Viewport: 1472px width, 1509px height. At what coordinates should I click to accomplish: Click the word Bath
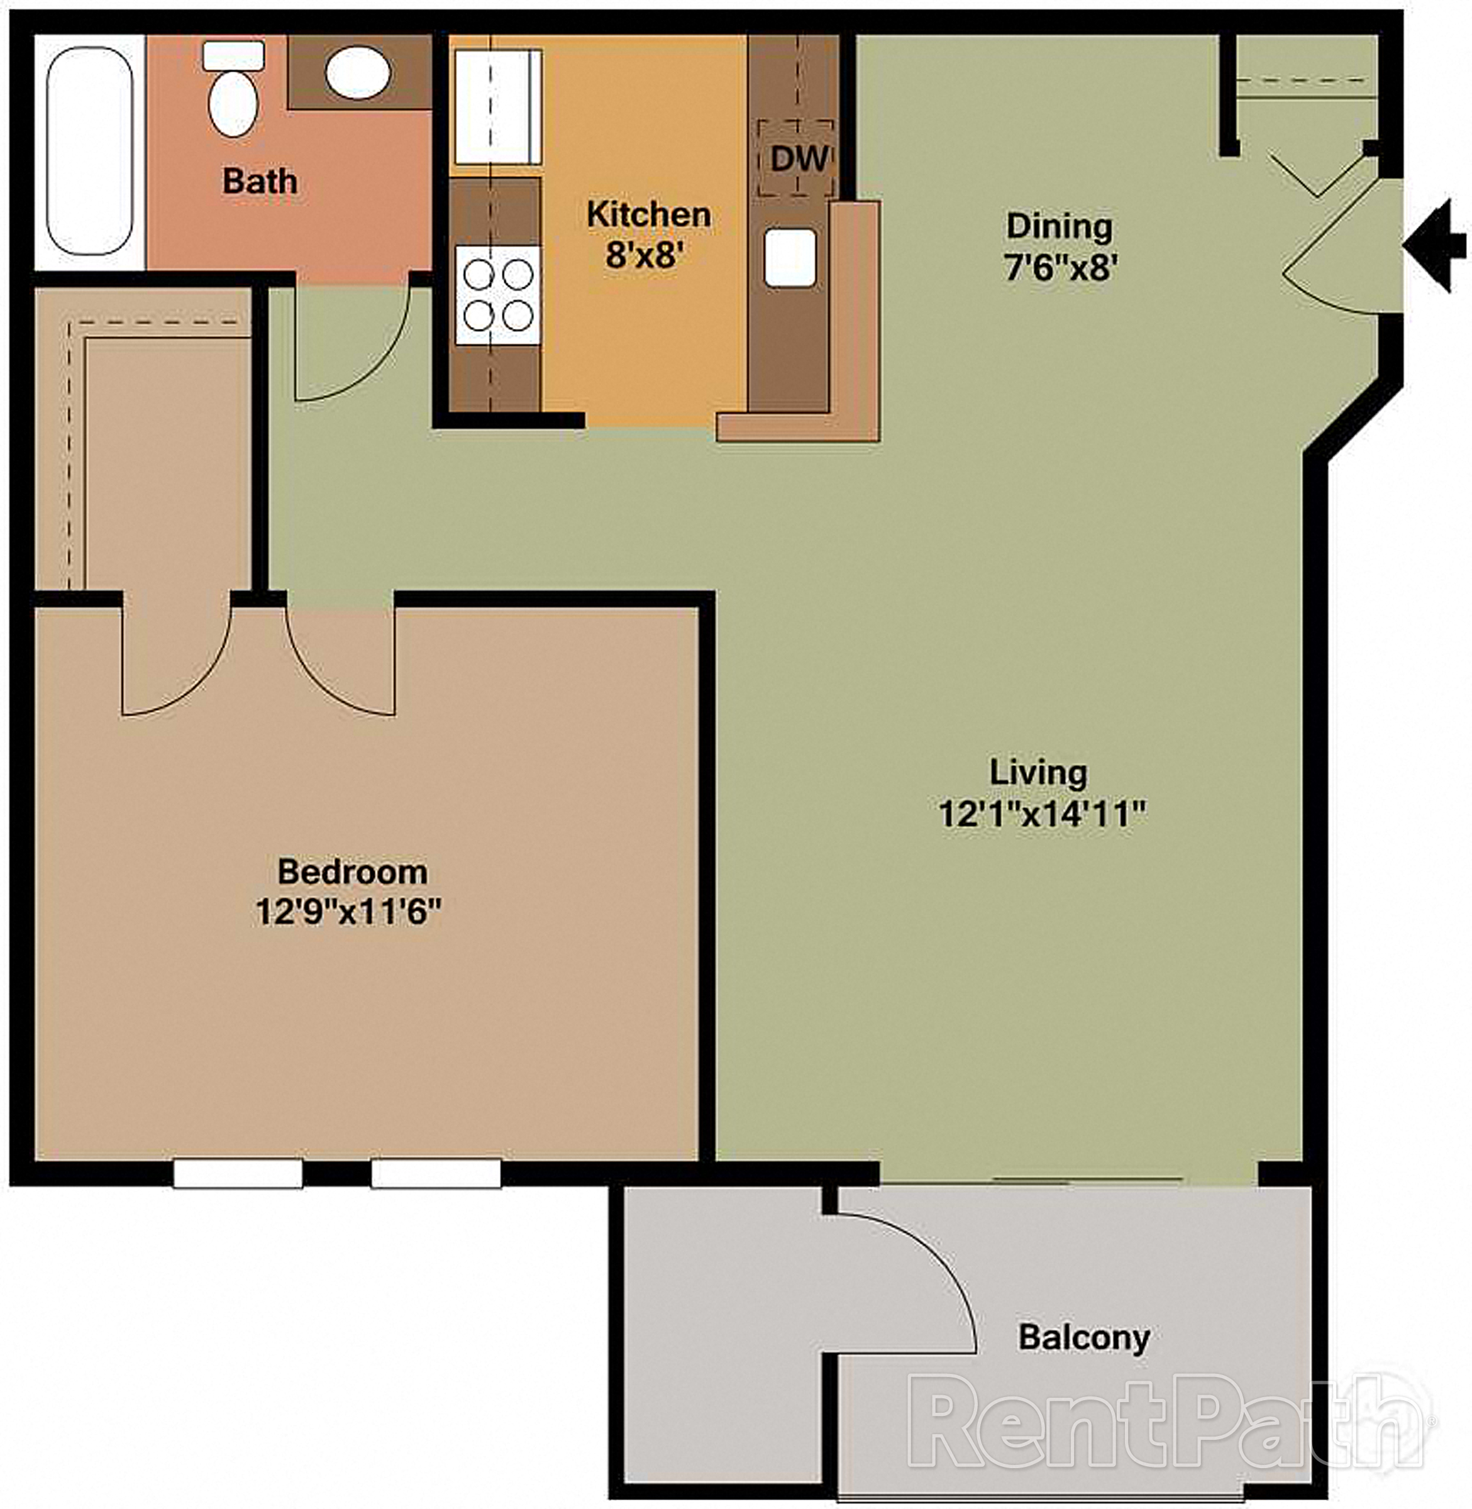pyautogui.click(x=260, y=182)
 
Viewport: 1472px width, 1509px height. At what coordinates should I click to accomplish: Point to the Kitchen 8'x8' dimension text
pyautogui.click(x=648, y=253)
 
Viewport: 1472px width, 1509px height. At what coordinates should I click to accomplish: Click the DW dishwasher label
pyautogui.click(x=798, y=159)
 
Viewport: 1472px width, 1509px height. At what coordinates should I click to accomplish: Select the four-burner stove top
pyautogui.click(x=498, y=294)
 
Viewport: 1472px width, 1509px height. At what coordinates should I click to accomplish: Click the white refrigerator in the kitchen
pyautogui.click(x=497, y=107)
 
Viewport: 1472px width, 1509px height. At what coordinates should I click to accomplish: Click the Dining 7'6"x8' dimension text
pyautogui.click(x=1060, y=267)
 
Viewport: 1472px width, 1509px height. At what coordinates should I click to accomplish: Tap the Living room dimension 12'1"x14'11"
pyautogui.click(x=1041, y=814)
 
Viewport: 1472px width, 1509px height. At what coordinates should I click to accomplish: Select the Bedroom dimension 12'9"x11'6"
pyautogui.click(x=349, y=912)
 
